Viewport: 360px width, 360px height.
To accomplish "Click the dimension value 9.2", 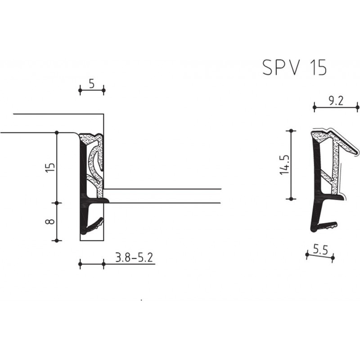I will click(x=335, y=101).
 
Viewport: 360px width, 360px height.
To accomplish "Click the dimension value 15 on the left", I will click(x=50, y=167).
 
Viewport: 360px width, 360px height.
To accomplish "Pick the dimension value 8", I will click(x=50, y=221).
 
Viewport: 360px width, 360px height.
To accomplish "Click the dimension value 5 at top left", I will click(x=92, y=84).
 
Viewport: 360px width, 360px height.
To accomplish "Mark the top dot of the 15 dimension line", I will click(x=57, y=132).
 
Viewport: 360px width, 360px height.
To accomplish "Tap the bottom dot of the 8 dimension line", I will click(x=57, y=240).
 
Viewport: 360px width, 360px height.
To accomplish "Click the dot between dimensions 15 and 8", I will click(x=57, y=203).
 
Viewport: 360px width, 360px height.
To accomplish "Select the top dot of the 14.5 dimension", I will click(x=292, y=131).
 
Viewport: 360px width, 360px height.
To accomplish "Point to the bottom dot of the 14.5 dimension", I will click(x=292, y=198).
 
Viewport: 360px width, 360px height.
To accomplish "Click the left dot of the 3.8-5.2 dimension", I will click(x=80, y=265).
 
